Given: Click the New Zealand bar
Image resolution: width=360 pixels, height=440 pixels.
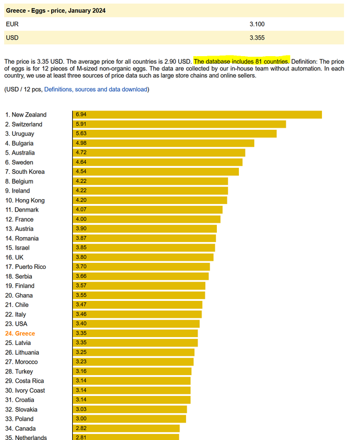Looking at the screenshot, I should (197, 114).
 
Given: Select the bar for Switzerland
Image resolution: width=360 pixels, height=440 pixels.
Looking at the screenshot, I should (179, 124).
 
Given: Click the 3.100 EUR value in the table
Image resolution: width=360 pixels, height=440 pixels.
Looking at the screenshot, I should (257, 24).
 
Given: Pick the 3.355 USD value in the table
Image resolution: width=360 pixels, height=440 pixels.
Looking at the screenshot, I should (257, 37).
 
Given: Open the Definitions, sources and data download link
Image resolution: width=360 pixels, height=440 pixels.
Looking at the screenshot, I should (95, 89).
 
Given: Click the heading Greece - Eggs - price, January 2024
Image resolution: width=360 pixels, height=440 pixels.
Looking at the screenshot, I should (56, 10).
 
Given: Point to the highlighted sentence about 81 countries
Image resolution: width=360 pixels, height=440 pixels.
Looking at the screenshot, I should (241, 61).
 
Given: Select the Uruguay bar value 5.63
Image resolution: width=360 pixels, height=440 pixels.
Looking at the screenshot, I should (81, 134).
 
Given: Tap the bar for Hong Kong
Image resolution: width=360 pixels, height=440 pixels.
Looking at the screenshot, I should (150, 200).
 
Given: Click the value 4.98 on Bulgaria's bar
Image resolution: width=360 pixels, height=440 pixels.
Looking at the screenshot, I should (81, 143).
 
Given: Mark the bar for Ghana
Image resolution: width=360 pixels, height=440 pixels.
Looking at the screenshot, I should (138, 295).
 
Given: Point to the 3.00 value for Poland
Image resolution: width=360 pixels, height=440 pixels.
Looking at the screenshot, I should (81, 419).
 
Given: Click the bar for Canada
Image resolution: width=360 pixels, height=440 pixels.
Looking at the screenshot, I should (126, 428).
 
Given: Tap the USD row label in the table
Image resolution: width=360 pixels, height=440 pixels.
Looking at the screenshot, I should (12, 37).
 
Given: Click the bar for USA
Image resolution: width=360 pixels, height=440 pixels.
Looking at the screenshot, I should (136, 324).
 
